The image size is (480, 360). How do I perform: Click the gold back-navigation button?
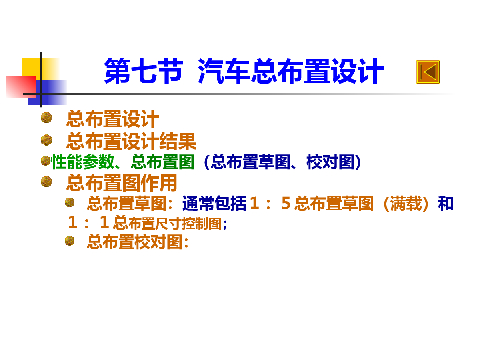point(428,72)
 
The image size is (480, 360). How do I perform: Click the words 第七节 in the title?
point(144,71)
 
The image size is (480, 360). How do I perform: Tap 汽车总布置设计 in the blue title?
point(290,71)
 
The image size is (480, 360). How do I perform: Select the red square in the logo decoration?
point(21,87)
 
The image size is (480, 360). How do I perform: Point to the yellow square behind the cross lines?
point(40,68)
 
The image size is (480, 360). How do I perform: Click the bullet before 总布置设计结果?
point(46,140)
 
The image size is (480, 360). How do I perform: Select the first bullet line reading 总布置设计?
point(112,119)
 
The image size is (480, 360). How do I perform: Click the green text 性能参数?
point(83,162)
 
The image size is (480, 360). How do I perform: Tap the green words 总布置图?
point(162,162)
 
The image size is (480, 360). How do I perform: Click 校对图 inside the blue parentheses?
point(330,162)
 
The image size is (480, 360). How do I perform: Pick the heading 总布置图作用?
point(122,183)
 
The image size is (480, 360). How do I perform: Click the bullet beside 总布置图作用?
point(46,182)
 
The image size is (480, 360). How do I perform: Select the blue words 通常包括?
point(214,203)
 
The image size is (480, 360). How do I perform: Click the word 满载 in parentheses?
point(406,203)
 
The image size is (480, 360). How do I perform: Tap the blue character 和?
point(446,203)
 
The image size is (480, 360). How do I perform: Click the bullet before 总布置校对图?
point(70,241)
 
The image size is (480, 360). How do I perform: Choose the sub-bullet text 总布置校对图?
point(135,242)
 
